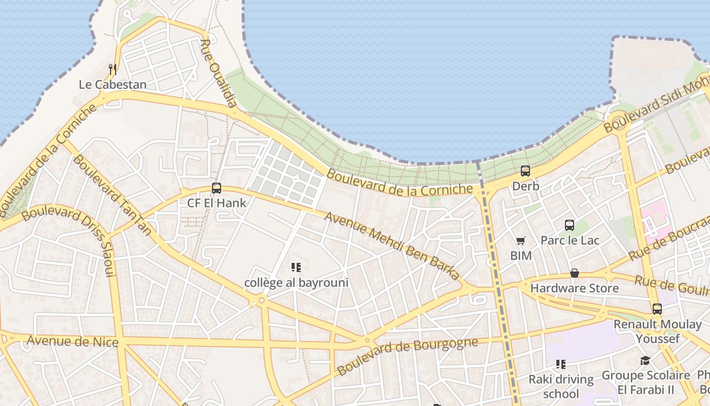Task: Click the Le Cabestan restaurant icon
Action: pos(113,69)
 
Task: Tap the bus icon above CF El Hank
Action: pos(217,188)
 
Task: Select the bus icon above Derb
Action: pos(525,171)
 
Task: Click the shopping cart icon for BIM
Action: pos(521,241)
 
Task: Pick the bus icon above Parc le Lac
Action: pos(570,225)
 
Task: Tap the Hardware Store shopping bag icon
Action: pos(575,274)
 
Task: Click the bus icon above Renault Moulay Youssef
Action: pos(657,309)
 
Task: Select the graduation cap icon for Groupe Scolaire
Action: pos(645,360)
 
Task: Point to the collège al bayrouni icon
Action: pos(296,267)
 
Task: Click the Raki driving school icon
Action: pos(561,364)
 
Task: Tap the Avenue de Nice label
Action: pos(73,341)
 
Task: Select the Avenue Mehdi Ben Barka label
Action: pos(392,246)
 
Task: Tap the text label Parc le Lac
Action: pos(570,240)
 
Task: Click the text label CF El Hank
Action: pos(217,204)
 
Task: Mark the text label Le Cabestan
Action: pos(113,84)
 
